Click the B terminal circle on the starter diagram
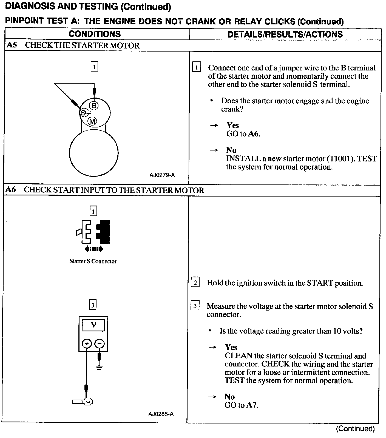point(94,105)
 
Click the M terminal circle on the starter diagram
point(92,121)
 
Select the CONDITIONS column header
point(95,34)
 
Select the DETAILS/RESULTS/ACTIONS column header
point(285,35)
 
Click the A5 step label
point(12,45)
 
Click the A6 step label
point(11,190)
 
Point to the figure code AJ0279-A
point(162,175)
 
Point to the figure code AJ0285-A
point(161,414)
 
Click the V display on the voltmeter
point(93,325)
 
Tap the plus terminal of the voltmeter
point(87,343)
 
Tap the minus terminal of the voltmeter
point(100,343)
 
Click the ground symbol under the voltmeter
point(99,367)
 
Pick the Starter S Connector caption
point(93,261)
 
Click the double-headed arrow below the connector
point(94,249)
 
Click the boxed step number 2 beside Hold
point(195,283)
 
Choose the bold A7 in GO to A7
point(252,405)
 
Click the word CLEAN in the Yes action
point(238,356)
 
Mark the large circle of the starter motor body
point(94,153)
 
